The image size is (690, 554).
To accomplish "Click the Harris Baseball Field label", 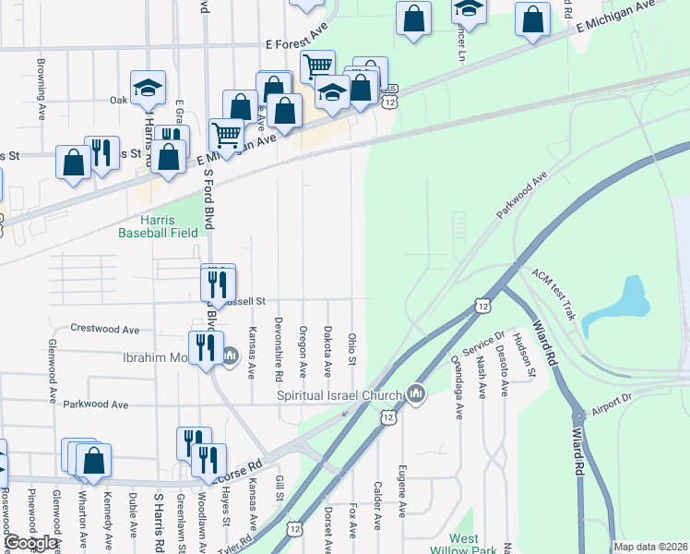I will coord(158,226).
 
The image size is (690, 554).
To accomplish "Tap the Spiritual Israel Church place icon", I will coord(416,394).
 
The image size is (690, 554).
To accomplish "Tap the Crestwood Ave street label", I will coord(105,329).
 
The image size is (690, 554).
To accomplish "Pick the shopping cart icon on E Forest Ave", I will coord(316,66).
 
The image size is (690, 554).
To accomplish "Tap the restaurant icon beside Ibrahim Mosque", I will coord(205,348).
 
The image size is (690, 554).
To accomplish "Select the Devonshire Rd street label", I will coord(279,352).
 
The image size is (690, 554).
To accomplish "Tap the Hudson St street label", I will coord(532,355).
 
